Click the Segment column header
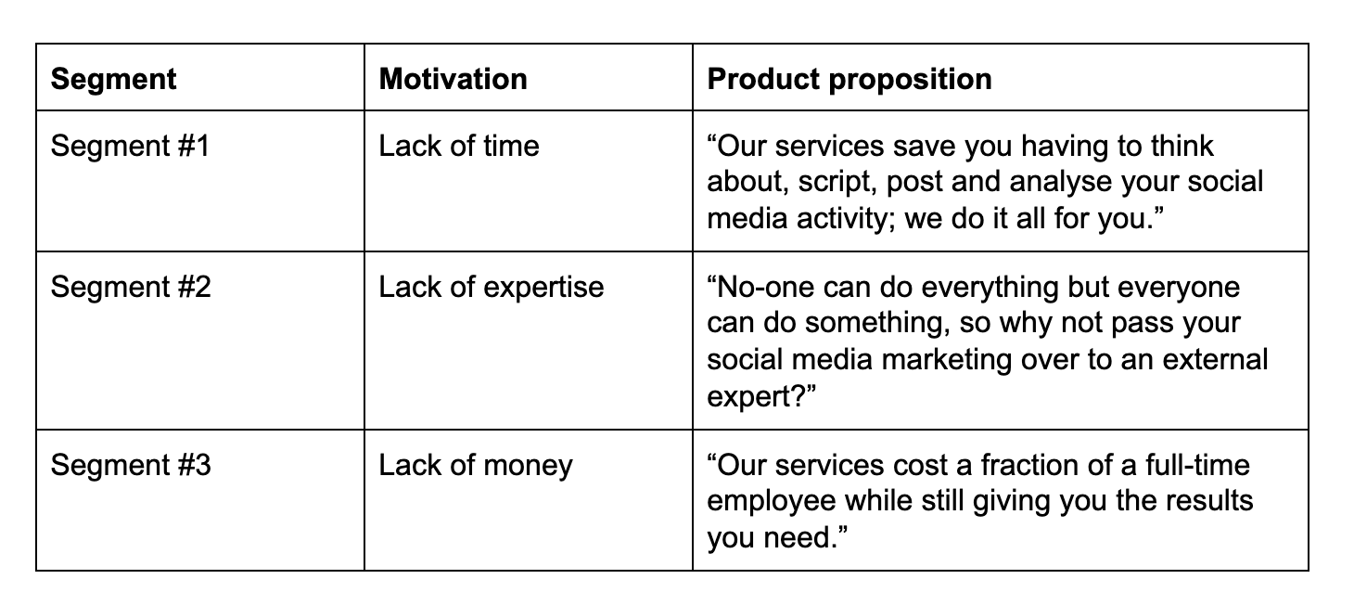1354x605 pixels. coord(113,80)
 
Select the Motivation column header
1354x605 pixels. coord(453,79)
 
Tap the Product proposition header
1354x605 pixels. coord(849,80)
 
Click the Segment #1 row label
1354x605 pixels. coord(130,146)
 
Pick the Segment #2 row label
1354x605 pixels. coord(131,287)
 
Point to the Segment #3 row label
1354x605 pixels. coord(131,465)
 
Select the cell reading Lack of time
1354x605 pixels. coord(459,146)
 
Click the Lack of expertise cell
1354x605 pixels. coord(491,288)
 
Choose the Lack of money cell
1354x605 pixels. coord(475,466)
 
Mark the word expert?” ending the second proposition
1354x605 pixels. coord(761,397)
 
